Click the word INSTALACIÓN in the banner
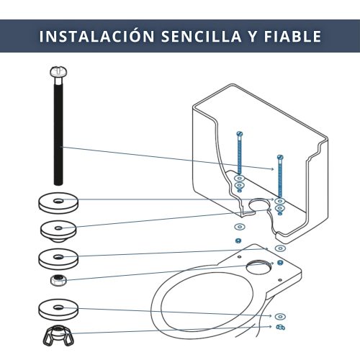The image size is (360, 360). (x=96, y=36)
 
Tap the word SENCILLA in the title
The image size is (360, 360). (x=202, y=36)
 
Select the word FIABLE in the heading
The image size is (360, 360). (x=292, y=36)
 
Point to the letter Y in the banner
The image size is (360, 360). (x=253, y=36)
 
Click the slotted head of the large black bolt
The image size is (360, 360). (x=58, y=72)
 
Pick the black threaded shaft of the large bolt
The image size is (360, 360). (x=58, y=132)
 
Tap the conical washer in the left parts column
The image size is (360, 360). (x=58, y=230)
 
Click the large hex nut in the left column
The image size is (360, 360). (x=58, y=280)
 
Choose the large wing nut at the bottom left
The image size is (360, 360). (x=58, y=336)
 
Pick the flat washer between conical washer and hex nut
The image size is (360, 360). (x=58, y=258)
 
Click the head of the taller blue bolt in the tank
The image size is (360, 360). (x=240, y=133)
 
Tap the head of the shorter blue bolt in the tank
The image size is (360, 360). (x=280, y=157)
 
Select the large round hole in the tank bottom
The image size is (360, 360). (x=259, y=205)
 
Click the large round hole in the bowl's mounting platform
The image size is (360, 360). (x=258, y=267)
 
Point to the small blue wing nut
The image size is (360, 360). (x=280, y=327)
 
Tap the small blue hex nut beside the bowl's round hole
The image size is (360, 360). (x=280, y=262)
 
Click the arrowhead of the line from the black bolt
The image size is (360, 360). (x=272, y=169)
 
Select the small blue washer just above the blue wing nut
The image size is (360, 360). (x=280, y=317)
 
